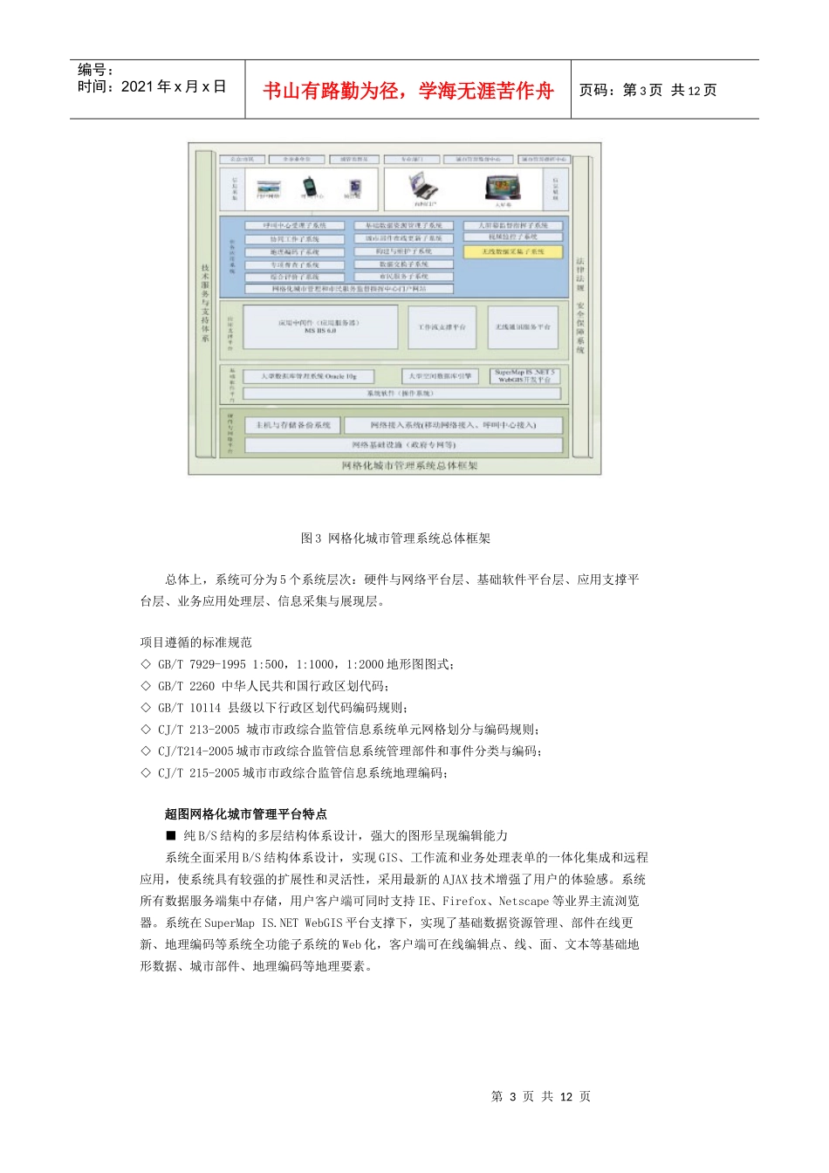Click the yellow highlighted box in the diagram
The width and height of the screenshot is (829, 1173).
pos(513,251)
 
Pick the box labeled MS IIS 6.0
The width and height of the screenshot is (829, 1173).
pos(319,327)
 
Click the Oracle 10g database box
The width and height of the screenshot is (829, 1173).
pos(309,376)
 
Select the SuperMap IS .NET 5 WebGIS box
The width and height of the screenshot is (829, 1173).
pos(524,375)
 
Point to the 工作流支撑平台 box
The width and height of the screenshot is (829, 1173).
pos(442,327)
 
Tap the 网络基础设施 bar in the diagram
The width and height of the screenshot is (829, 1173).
pos(403,445)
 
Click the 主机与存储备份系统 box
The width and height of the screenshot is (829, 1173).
pos(293,425)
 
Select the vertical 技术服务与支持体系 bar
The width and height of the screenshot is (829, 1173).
pos(205,303)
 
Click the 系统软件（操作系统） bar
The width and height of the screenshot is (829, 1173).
pos(401,394)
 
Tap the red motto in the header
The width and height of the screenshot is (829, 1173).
pos(408,91)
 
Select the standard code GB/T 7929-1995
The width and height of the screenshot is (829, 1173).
pos(202,664)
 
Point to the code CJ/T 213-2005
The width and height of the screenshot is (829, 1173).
pos(198,730)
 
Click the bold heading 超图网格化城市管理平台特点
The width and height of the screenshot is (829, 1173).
pos(246,813)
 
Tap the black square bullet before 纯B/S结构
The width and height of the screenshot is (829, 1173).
pos(171,835)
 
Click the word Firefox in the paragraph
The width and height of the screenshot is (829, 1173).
pos(464,901)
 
